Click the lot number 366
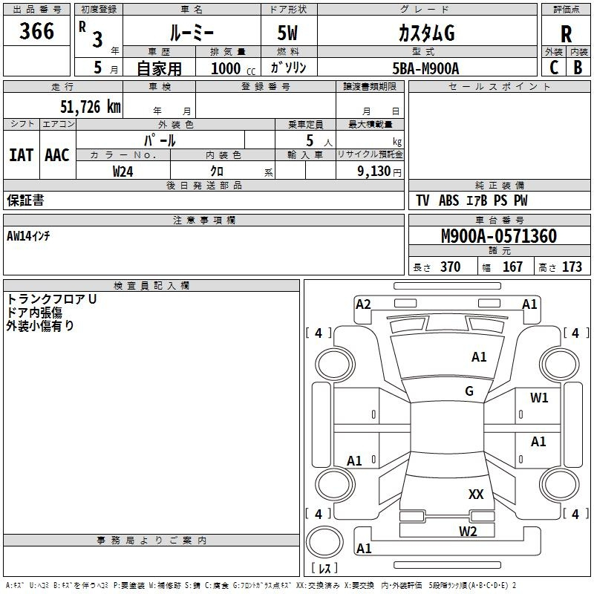coord(37,31)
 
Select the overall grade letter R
coord(566,34)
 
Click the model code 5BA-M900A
coord(425,68)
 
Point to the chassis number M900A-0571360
coord(498,236)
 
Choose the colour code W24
coord(123,172)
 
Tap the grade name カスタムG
coord(426,33)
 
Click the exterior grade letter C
coord(554,68)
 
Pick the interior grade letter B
coord(578,68)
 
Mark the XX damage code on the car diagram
coord(476,494)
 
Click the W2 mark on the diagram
coord(468,531)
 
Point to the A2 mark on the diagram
coord(363,304)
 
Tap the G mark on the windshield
coord(469,391)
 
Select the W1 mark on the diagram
coord(539,398)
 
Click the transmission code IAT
coord(22,154)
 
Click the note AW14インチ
coord(33,236)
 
